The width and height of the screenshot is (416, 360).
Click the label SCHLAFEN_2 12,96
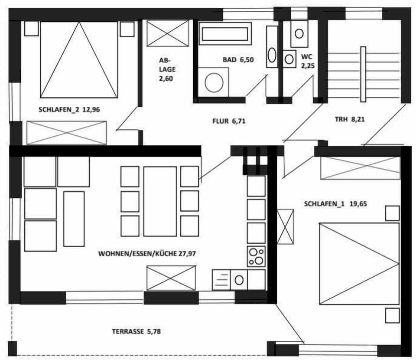click(x=69, y=110)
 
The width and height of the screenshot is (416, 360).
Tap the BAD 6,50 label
click(x=238, y=60)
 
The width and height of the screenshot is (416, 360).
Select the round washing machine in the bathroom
click(x=214, y=82)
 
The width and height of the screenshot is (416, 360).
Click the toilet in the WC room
click(x=299, y=33)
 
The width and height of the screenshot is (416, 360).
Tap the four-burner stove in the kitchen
click(x=256, y=256)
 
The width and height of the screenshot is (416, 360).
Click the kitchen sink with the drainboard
click(x=230, y=280)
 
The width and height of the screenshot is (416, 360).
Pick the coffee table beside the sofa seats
click(x=74, y=219)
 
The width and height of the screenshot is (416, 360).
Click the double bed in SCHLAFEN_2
click(x=79, y=60)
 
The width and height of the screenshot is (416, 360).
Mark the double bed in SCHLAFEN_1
click(x=359, y=264)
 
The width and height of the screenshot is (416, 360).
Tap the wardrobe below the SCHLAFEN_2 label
click(x=67, y=133)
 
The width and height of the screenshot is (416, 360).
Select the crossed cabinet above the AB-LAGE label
click(x=168, y=33)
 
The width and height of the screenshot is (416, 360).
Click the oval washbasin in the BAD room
click(x=272, y=55)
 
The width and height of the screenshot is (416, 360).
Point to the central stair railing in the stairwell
click(x=363, y=74)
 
